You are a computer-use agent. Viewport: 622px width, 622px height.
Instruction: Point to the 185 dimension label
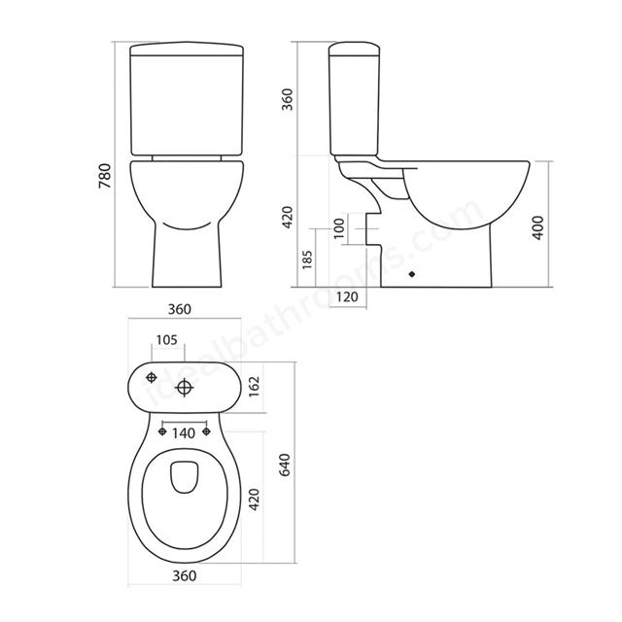[304, 259]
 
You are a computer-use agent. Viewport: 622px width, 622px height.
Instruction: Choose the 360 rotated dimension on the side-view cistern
[288, 99]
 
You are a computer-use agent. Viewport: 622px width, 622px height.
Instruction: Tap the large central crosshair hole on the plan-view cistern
[186, 387]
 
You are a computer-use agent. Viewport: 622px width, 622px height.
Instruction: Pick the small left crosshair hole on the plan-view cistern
[152, 377]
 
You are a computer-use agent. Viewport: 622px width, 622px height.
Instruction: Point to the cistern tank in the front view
[184, 102]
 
